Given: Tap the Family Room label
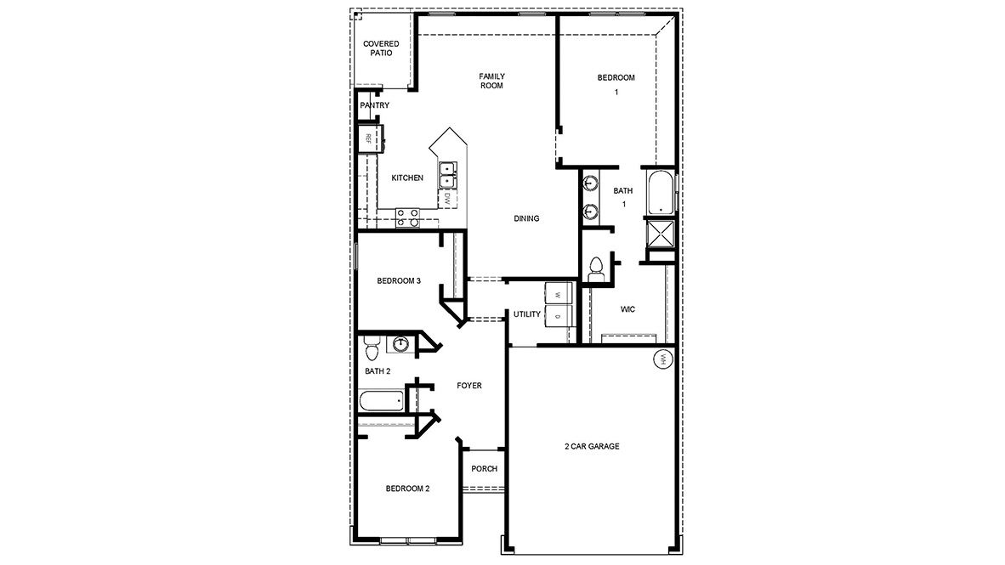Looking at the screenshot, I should (491, 81).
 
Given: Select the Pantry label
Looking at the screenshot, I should (374, 105).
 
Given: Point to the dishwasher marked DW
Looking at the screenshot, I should (446, 199).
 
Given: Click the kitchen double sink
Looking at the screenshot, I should (446, 175).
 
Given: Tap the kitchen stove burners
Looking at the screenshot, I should (407, 218).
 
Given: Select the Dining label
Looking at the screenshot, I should (526, 218).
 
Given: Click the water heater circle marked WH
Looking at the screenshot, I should (662, 359).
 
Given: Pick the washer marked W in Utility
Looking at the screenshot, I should (558, 293).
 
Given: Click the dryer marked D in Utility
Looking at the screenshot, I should (558, 316).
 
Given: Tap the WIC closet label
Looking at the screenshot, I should (627, 309).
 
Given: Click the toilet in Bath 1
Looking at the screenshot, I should (595, 266).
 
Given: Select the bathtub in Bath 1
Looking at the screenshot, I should (660, 193).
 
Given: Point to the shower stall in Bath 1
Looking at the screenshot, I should (659, 230).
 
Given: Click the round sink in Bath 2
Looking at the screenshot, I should (399, 343).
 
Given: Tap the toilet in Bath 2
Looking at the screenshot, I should (370, 347).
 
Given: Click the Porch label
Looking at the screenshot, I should (484, 469).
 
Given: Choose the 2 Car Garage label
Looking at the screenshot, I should (592, 446).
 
